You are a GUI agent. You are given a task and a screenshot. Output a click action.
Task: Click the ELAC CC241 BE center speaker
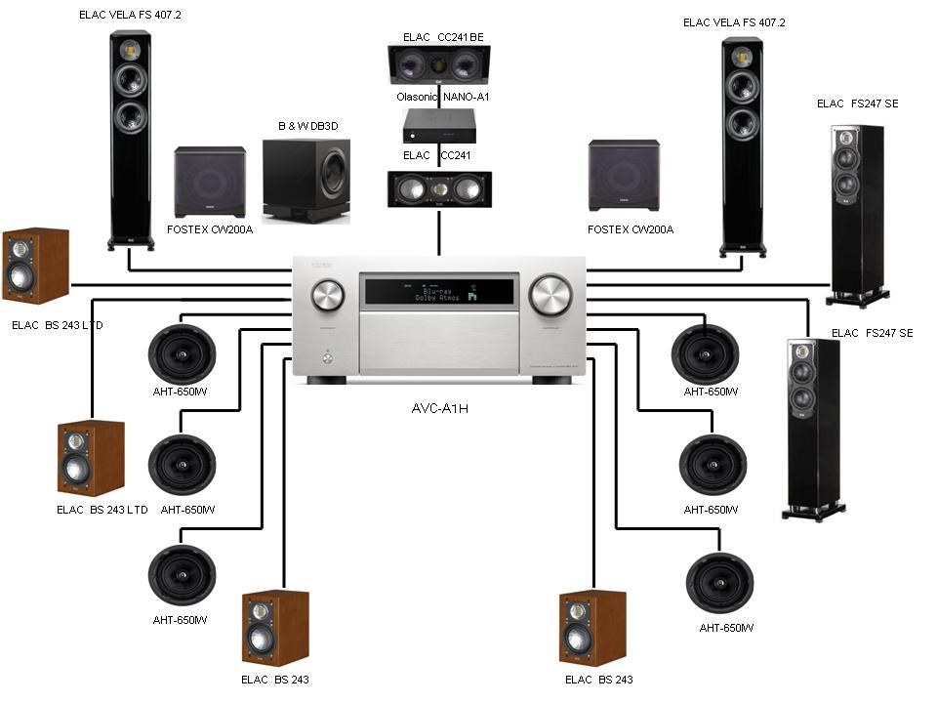coord(438,65)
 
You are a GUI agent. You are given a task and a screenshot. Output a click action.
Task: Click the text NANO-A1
coord(469,97)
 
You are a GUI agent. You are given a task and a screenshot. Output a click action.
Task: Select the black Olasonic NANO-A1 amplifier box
coord(439,124)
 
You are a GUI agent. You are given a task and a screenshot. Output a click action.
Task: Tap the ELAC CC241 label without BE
coord(438,154)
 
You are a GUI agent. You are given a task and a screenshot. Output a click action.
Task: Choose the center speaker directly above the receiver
coord(438,188)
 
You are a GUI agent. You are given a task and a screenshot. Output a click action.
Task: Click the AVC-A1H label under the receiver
coord(439,408)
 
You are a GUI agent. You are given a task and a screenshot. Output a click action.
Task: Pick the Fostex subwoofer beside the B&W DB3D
coord(210,182)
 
